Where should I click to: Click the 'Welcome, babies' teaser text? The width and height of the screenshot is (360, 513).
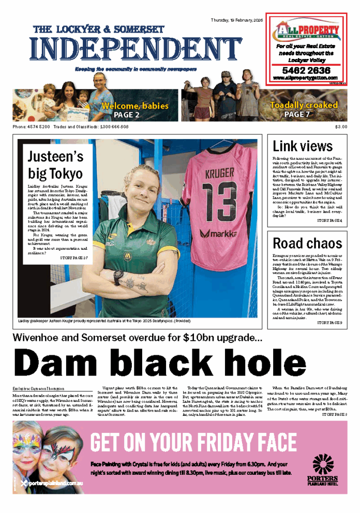(135, 105)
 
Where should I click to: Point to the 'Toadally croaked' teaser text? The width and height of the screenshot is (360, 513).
(304, 105)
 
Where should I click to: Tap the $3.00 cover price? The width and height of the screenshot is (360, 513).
(341, 127)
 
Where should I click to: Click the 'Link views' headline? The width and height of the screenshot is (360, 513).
(303, 146)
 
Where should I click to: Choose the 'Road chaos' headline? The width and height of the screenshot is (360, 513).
(307, 243)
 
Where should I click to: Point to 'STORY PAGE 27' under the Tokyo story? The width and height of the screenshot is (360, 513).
(74, 258)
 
